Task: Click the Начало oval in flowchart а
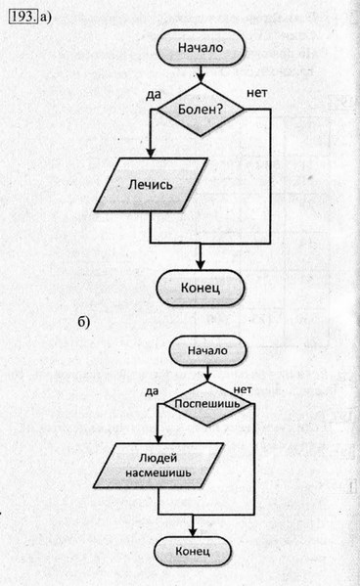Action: (x=201, y=46)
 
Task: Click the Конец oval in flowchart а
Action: (x=201, y=287)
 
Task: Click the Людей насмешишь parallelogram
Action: (x=158, y=466)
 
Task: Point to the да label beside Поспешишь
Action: (x=151, y=390)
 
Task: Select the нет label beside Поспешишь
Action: (x=256, y=388)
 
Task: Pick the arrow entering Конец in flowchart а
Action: (x=201, y=256)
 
